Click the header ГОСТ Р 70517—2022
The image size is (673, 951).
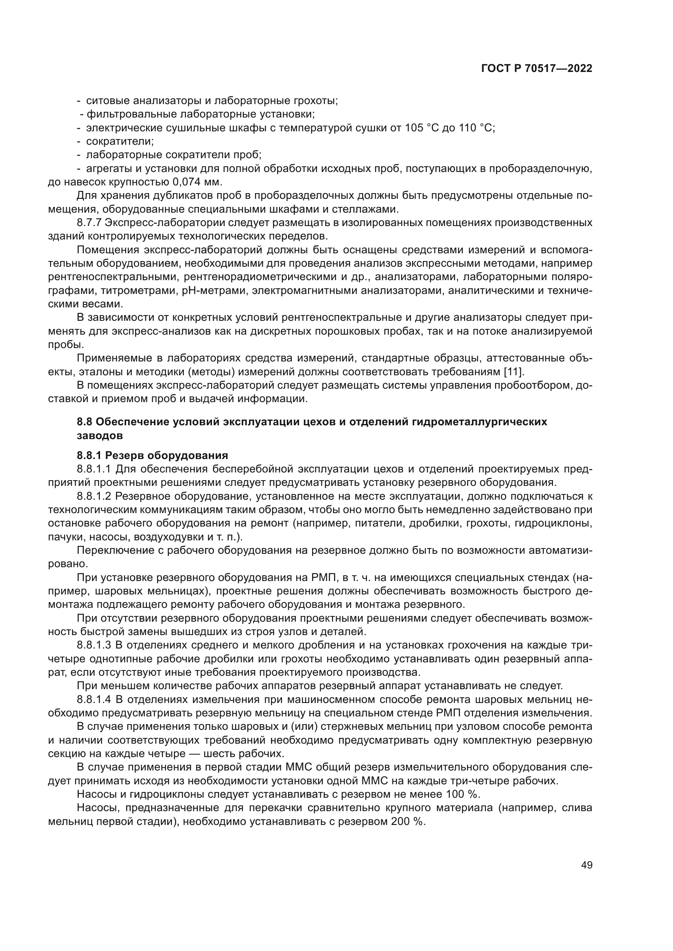pos(536,69)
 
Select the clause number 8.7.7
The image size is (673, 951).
pos(89,223)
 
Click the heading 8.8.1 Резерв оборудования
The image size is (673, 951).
pos(152,456)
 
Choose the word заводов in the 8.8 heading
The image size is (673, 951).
pos(99,436)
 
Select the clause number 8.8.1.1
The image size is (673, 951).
pos(94,469)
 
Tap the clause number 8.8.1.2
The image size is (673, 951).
pos(94,496)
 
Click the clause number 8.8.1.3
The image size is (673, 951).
pos(94,645)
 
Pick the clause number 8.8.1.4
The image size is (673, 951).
pos(94,700)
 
